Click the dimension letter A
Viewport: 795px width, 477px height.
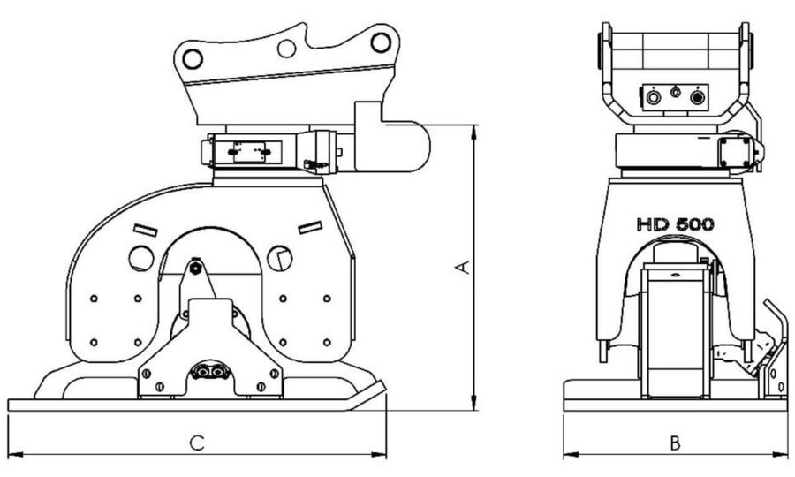click(x=461, y=267)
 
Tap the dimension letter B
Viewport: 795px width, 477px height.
click(x=674, y=443)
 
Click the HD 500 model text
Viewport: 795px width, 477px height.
click(x=676, y=224)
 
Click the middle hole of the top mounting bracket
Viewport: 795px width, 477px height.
click(x=286, y=48)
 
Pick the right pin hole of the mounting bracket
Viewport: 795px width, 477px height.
click(x=380, y=42)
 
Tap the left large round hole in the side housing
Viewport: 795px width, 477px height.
click(x=140, y=258)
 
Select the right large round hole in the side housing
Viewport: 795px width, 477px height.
click(x=278, y=257)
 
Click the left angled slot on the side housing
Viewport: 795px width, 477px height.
click(x=145, y=231)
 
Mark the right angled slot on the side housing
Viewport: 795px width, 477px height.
click(x=309, y=228)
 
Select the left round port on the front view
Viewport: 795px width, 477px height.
click(x=654, y=96)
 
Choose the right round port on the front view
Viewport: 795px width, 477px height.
click(x=700, y=96)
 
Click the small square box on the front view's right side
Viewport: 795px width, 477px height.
click(x=735, y=151)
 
